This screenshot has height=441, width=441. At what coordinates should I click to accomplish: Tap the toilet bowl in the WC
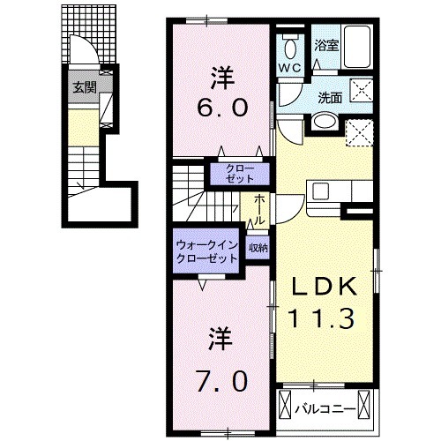point(289,45)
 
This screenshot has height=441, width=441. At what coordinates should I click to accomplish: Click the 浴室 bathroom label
point(326,44)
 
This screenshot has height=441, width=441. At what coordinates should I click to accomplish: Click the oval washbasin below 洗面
point(323,123)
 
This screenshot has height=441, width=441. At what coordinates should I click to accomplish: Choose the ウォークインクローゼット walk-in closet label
point(206,253)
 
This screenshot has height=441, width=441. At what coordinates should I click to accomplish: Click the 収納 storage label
point(257,248)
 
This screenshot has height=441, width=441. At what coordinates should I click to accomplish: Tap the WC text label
point(290,67)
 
